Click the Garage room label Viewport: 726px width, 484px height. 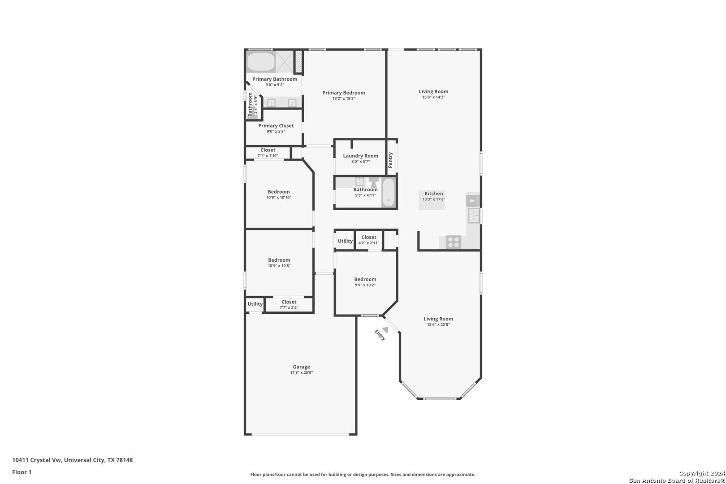click(x=302, y=367)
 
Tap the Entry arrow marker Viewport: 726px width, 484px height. click(x=385, y=329)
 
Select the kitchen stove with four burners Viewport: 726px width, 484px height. click(x=453, y=242)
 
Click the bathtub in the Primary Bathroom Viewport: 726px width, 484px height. click(x=261, y=61)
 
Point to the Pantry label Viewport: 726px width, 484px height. click(x=390, y=160)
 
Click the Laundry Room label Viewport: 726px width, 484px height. click(x=360, y=156)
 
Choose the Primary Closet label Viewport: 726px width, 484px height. click(x=276, y=126)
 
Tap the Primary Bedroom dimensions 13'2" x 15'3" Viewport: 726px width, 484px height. click(x=344, y=99)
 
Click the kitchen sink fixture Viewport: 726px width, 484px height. click(x=474, y=216)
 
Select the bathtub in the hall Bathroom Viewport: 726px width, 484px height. click(x=388, y=193)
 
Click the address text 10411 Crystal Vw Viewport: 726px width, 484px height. click(x=37, y=460)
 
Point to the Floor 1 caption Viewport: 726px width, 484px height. click(x=22, y=472)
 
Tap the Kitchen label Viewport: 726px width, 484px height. click(x=434, y=194)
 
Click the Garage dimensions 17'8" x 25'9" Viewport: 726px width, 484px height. click(x=302, y=372)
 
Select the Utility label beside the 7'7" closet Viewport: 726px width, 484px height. click(x=255, y=304)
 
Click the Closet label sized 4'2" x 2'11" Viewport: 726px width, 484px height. click(x=369, y=238)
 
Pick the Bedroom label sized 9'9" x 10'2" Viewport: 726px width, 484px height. click(x=365, y=280)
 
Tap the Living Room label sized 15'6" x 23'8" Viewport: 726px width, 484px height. click(x=438, y=319)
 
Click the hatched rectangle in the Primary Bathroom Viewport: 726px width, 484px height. click(x=298, y=61)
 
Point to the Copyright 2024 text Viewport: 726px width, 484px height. click(x=702, y=473)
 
